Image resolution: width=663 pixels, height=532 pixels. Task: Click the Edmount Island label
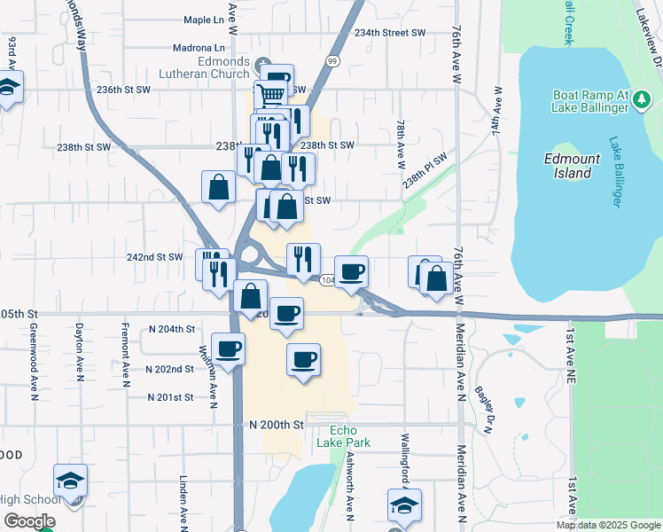(x=573, y=166)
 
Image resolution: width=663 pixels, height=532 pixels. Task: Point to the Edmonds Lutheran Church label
(x=210, y=67)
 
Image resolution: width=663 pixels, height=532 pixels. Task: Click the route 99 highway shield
(x=332, y=60)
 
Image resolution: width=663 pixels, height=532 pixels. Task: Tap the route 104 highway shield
(x=327, y=280)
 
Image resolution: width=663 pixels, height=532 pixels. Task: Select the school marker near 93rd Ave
(x=9, y=87)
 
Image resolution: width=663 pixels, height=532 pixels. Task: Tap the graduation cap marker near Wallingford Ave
(x=403, y=505)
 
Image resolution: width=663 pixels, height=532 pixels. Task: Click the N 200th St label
(x=277, y=425)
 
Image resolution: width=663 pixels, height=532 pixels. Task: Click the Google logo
(x=28, y=521)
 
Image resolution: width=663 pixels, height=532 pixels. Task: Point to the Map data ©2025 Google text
(x=607, y=525)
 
